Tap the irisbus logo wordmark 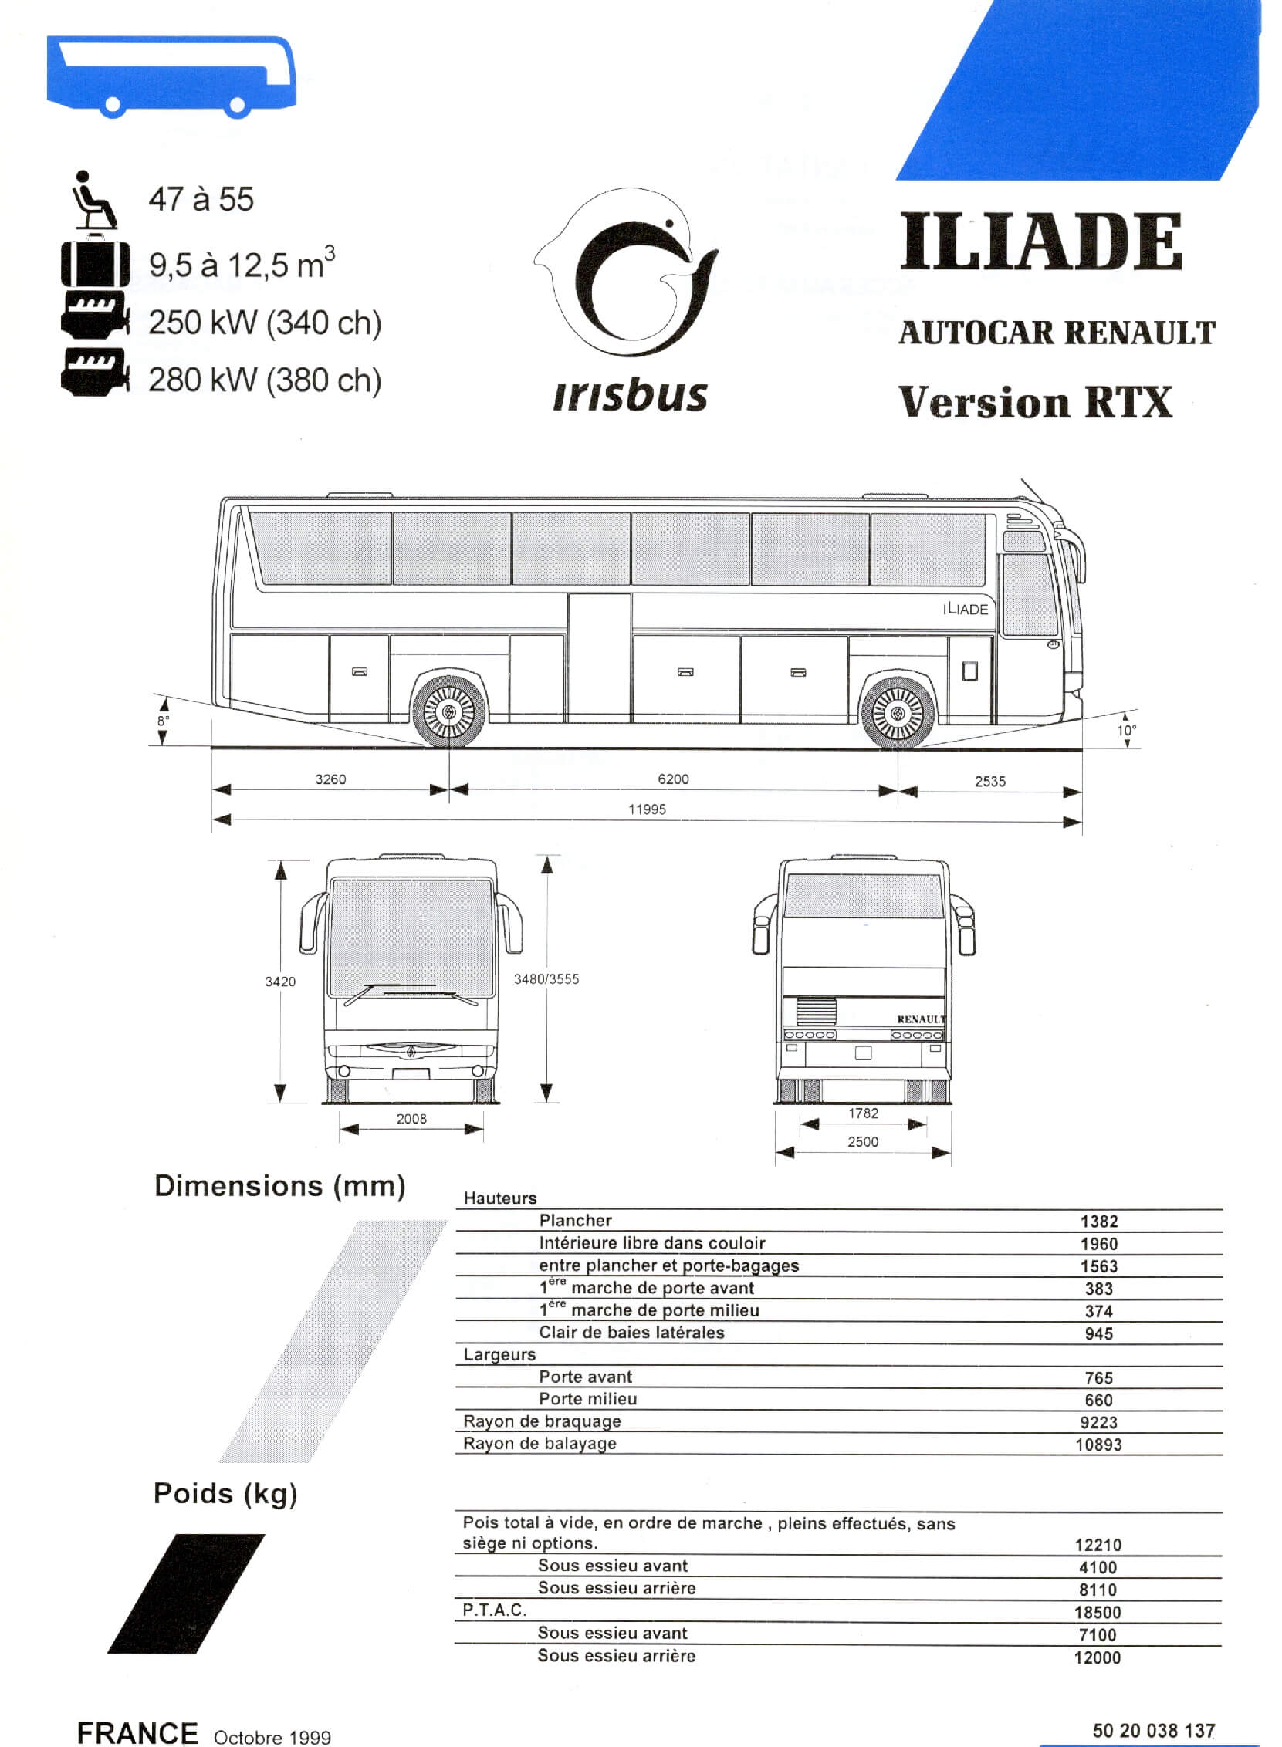coord(630,396)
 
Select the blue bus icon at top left coord(171,77)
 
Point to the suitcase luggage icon coord(95,263)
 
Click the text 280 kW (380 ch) coord(265,380)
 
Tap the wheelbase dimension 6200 coord(673,779)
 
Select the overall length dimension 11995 coord(648,809)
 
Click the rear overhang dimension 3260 coord(330,779)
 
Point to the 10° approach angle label coord(1127,731)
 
